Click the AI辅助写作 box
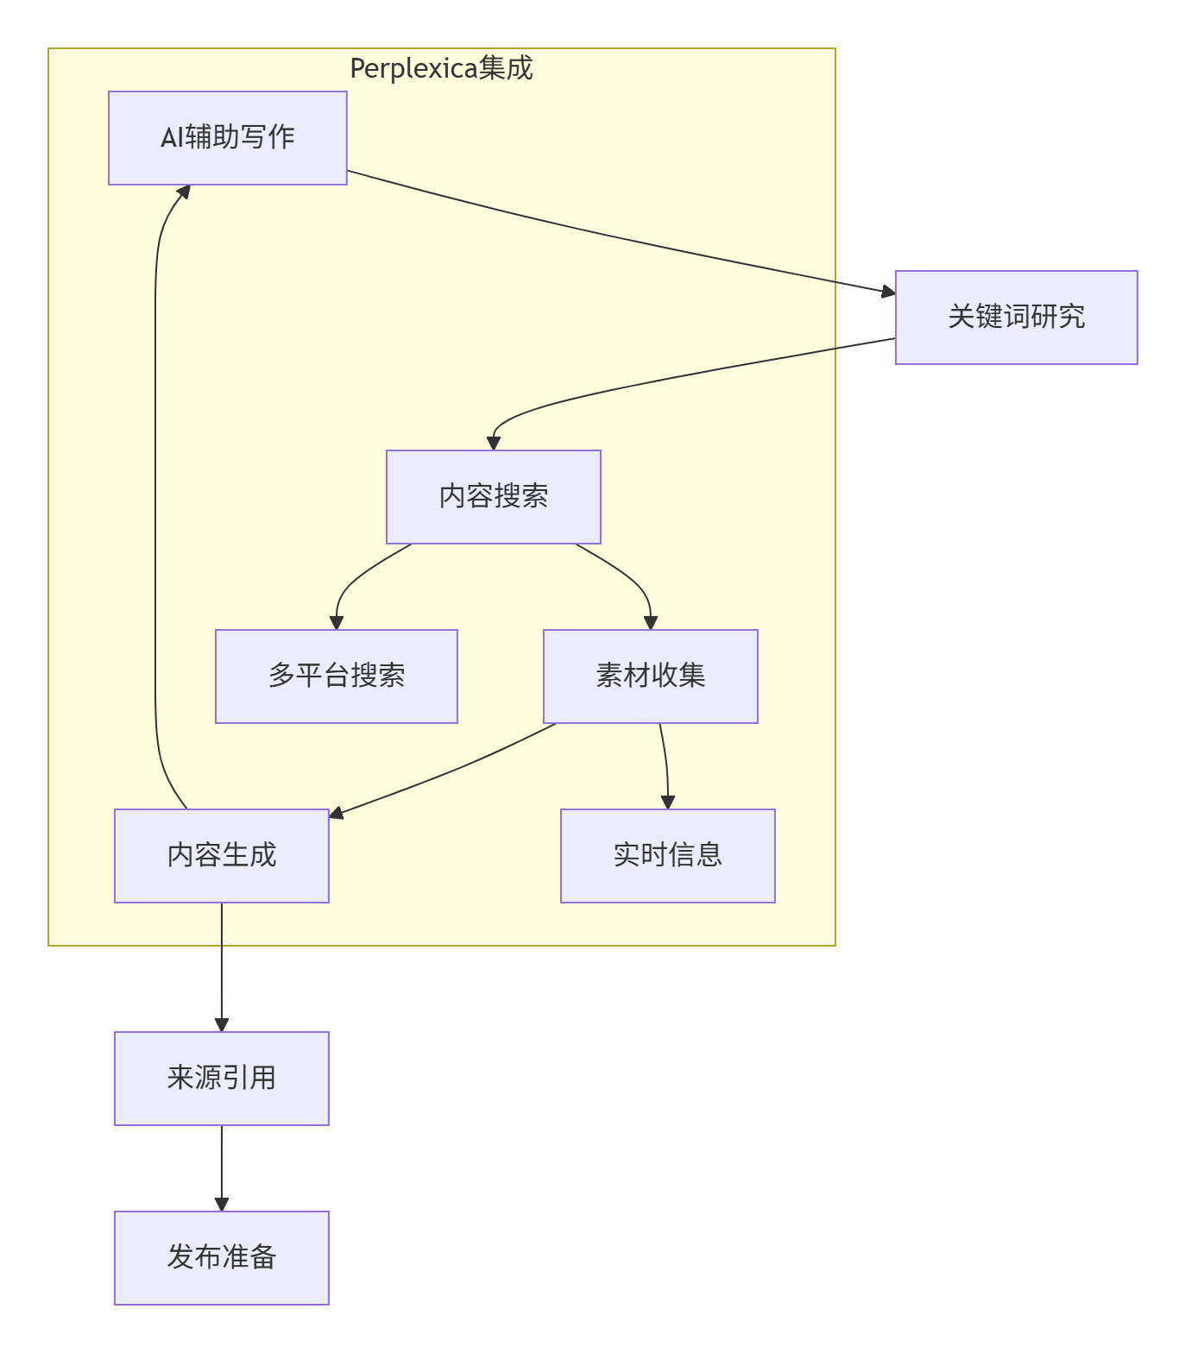point(227,138)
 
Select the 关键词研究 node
point(1016,317)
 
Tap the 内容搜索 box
point(493,496)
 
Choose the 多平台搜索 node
point(336,676)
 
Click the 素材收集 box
point(650,676)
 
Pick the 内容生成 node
point(221,855)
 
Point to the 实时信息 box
point(667,855)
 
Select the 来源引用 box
point(221,1078)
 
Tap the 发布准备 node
point(221,1257)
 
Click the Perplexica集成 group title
point(441,68)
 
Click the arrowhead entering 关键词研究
point(888,293)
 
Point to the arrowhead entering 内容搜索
point(494,443)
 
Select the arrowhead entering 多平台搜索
point(337,622)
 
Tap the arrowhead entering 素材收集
point(651,622)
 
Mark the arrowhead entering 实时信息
point(667,802)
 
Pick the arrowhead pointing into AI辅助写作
point(183,192)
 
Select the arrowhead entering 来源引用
point(222,1024)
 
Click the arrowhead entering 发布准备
point(222,1204)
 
